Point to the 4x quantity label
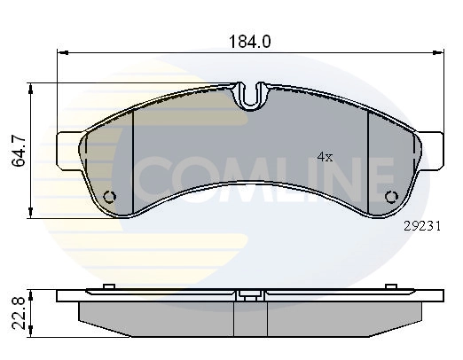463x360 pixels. pyautogui.click(x=325, y=157)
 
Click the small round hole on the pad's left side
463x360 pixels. pyautogui.click(x=110, y=197)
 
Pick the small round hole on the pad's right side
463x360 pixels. pyautogui.click(x=389, y=197)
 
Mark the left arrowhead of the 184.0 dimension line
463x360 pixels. pyautogui.click(x=62, y=52)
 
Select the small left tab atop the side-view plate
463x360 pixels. pyautogui.click(x=107, y=286)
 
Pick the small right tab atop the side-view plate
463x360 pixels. pyautogui.click(x=391, y=286)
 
